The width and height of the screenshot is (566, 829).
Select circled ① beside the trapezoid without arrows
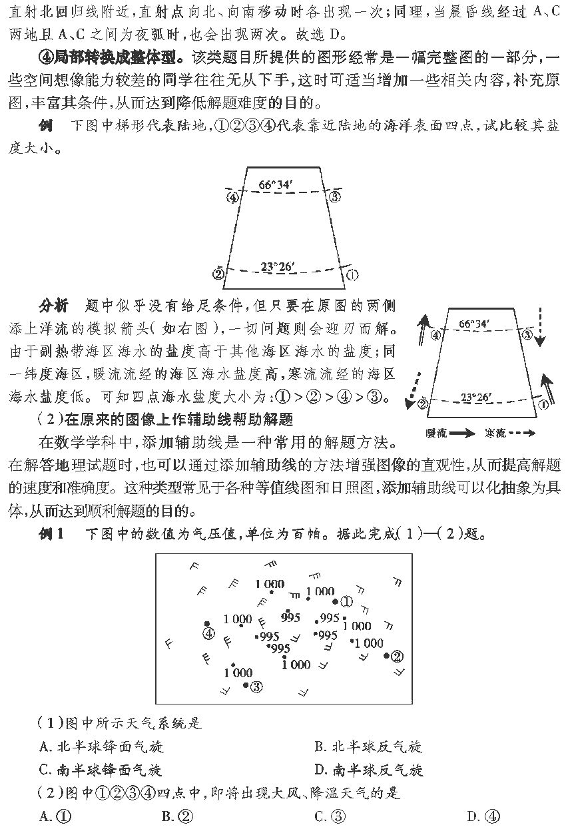coord(353,274)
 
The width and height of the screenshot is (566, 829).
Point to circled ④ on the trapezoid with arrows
coord(435,336)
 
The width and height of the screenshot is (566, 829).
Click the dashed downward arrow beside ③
coord(540,326)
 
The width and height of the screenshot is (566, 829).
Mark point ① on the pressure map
coord(346,601)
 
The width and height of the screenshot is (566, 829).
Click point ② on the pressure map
coord(397,656)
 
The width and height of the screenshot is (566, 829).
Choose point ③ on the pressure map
coord(256,686)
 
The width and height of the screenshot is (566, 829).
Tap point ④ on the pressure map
coord(208,633)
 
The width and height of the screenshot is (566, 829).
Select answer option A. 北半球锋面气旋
coord(101,747)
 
